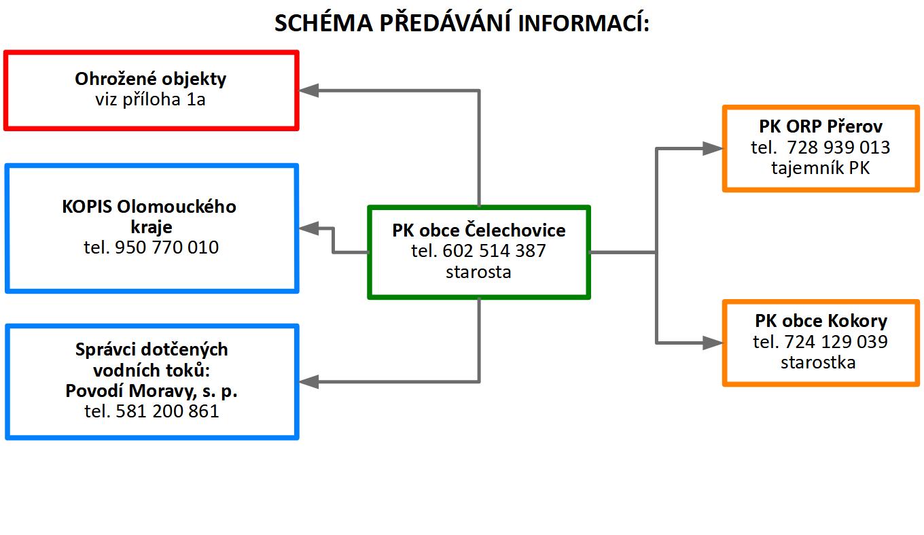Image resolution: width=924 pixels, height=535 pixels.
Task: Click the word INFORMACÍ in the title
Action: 583,22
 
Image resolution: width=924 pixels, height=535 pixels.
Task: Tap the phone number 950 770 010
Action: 166,247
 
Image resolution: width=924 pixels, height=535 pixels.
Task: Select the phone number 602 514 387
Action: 494,251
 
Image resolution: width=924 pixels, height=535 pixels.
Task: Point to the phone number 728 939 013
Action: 838,148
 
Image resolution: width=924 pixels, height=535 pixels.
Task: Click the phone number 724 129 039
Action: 836,342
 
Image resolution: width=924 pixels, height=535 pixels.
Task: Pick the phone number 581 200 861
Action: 167,411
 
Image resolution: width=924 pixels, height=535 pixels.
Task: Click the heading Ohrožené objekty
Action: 151,79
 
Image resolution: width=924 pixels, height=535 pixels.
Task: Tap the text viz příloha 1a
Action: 150,100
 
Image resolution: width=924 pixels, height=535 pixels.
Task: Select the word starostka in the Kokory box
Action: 818,362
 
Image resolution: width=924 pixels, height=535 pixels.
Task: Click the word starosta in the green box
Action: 478,272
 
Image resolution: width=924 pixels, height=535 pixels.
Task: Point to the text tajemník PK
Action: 821,168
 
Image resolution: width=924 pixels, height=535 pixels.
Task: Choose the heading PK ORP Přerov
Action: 821,126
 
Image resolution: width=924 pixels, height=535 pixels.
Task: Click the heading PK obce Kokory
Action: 821,321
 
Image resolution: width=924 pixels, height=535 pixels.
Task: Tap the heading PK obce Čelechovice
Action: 479,230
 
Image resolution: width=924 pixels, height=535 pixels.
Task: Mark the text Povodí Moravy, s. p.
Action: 152,391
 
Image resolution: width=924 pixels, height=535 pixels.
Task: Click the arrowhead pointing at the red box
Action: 308,90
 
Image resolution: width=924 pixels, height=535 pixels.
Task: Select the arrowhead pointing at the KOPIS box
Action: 308,228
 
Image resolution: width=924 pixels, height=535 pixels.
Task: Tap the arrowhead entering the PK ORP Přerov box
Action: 713,149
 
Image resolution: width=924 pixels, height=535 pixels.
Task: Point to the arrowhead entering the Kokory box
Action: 713,343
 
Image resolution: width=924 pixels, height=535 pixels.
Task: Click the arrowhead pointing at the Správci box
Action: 308,382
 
